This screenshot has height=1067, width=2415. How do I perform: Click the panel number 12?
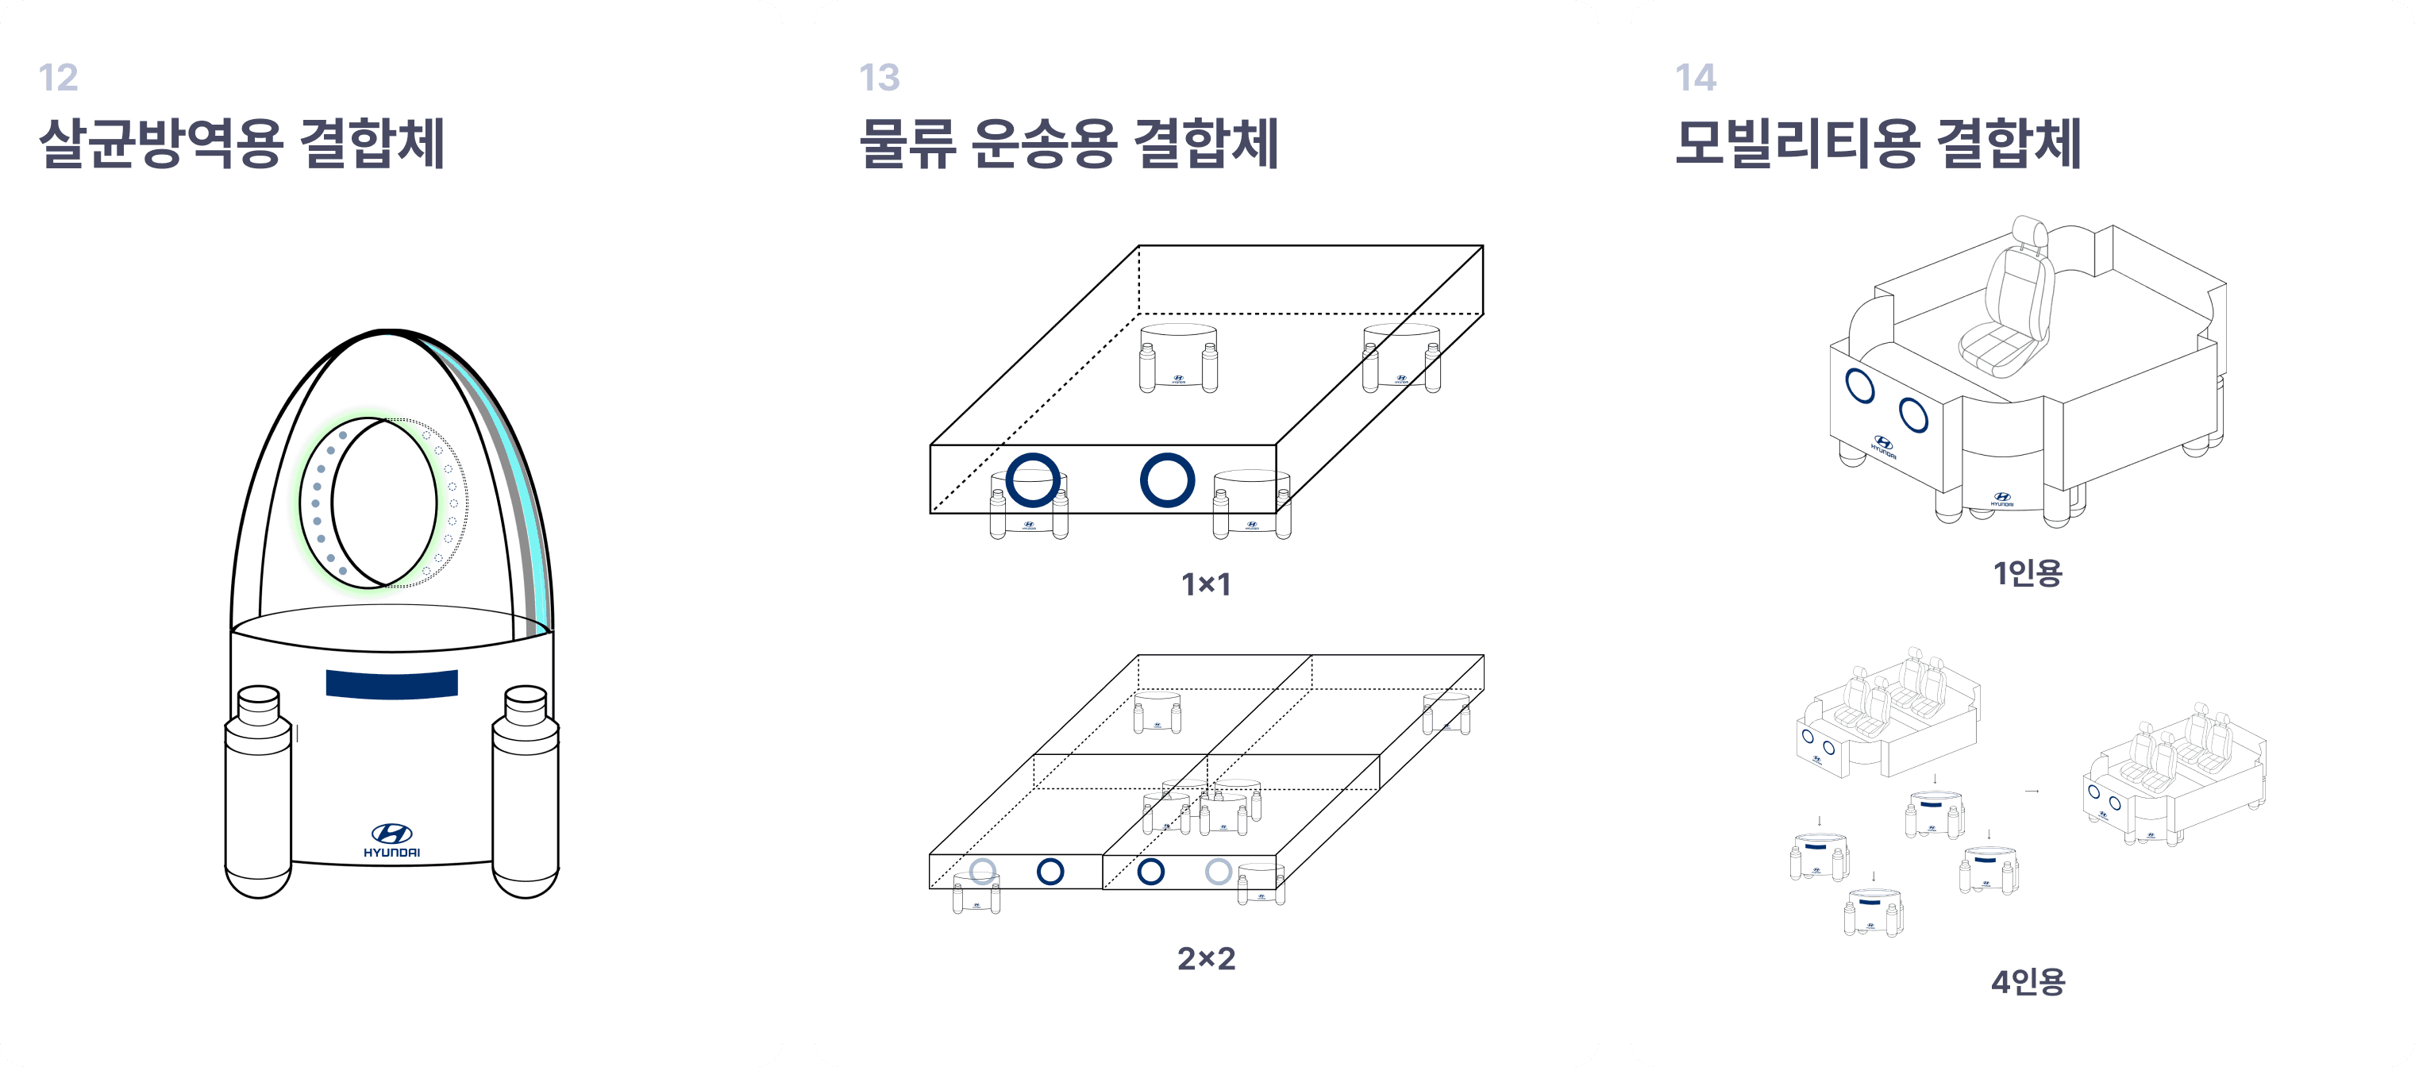coord(58,78)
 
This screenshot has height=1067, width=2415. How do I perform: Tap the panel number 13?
coord(880,78)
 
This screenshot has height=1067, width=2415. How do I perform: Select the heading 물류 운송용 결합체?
coord(1069,144)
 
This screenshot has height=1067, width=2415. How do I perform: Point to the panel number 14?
coord(1696,78)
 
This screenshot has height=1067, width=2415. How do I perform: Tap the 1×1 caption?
coord(1206,585)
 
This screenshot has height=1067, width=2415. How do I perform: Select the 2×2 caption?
coord(1206,958)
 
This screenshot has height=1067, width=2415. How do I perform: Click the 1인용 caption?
coord(2028,573)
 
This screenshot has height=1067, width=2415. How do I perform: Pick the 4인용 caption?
coord(2028,982)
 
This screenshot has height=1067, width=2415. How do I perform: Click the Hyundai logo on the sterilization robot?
coord(392,839)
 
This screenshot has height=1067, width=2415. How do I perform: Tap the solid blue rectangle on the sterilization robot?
coord(392,684)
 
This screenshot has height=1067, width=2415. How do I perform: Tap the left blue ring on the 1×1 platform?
coord(1033,480)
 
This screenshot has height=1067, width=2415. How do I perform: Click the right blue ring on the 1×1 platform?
coord(1167,480)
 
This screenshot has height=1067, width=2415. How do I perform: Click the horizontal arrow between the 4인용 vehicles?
coord(2032,792)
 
